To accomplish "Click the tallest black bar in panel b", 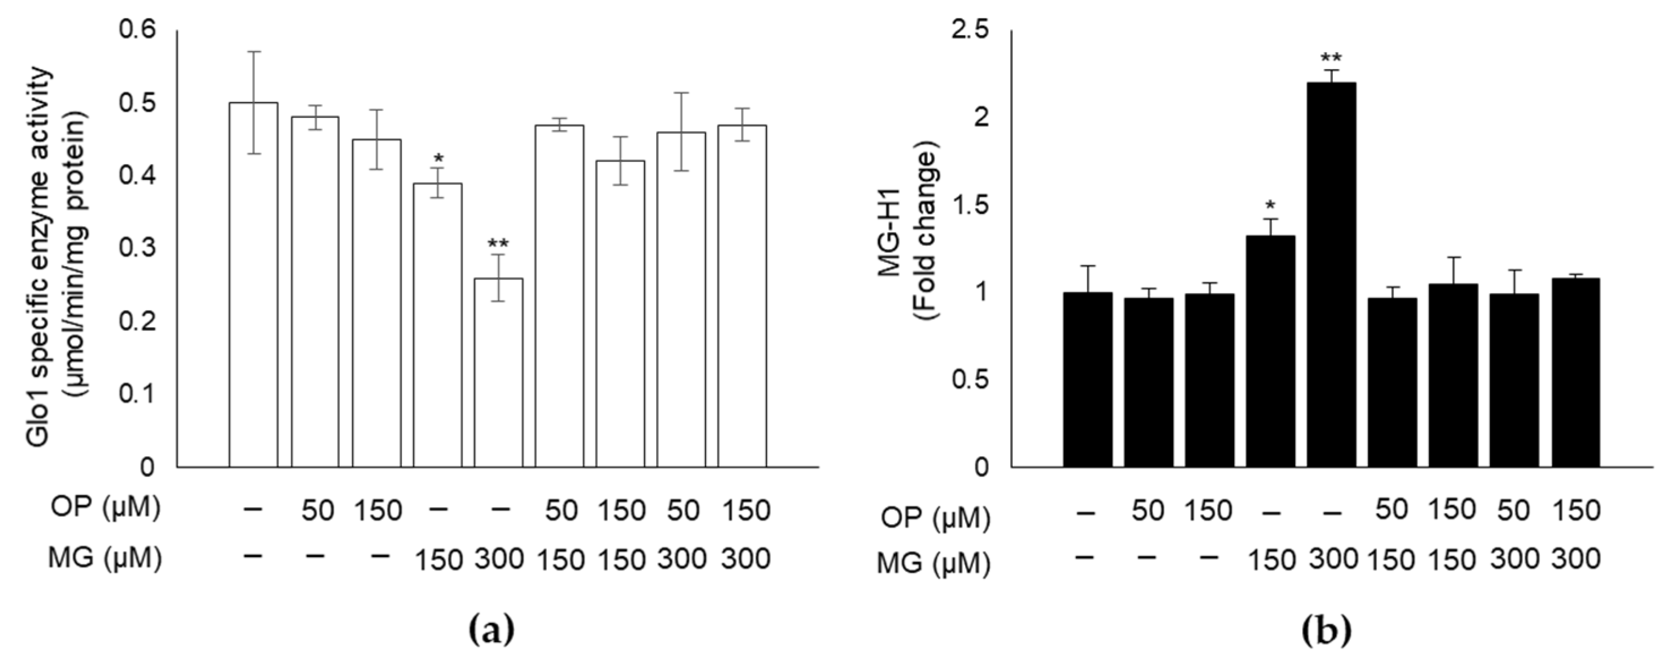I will (x=1331, y=273).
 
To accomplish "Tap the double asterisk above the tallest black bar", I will (x=1331, y=58).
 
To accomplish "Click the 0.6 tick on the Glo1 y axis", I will (x=139, y=31).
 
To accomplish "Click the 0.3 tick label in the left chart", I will (x=139, y=249).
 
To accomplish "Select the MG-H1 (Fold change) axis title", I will (x=909, y=249).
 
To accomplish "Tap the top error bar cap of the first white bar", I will (x=253, y=51).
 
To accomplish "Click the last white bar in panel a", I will (x=742, y=296).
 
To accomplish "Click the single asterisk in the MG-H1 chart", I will (x=1270, y=207).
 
